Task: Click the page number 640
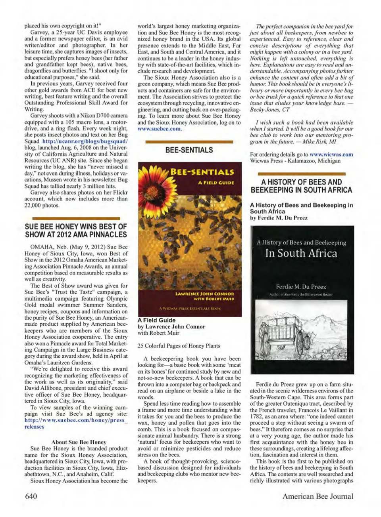tap(31, 496)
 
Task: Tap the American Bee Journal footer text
tap(317, 496)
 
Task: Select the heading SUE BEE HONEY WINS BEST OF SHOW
tap(76, 231)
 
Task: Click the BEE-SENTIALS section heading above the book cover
tap(189, 150)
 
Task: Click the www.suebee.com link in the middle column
tap(159, 129)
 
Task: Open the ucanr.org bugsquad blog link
tap(85, 141)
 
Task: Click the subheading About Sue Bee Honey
tap(79, 442)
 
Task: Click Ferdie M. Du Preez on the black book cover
tap(301, 287)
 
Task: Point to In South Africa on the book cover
tap(301, 254)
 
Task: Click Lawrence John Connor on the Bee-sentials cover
tap(205, 294)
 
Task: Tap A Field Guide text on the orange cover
tap(216, 183)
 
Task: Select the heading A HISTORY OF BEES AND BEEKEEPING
tap(301, 186)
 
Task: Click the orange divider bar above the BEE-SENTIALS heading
tap(189, 141)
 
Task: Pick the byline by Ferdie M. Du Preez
tap(279, 218)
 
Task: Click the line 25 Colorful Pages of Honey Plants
tap(179, 346)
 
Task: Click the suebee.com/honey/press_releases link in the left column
tap(76, 424)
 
